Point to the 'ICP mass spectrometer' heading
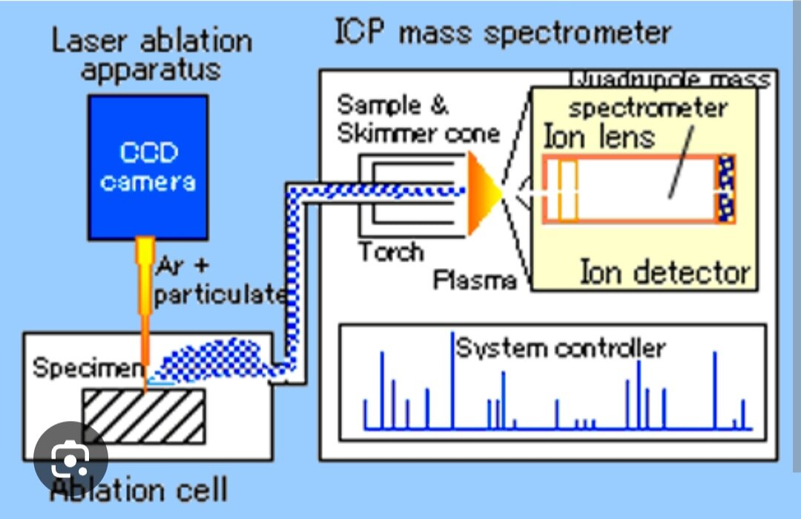(503, 33)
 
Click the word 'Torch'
(391, 252)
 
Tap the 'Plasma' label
(475, 280)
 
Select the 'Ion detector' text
(665, 272)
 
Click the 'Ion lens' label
(599, 137)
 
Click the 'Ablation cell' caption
(139, 490)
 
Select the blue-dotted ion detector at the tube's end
(726, 189)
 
